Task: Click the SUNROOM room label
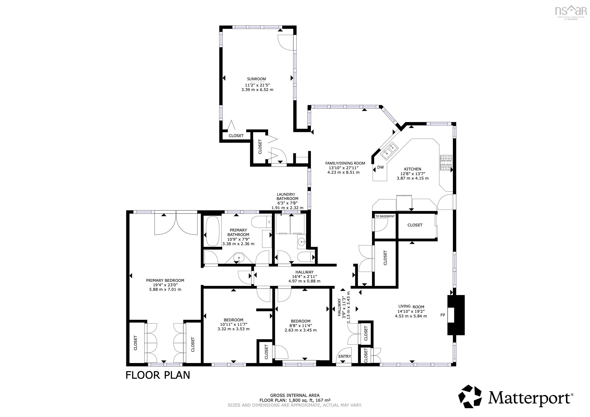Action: tap(256, 79)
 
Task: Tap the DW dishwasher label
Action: tap(380, 167)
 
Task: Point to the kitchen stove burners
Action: tap(446, 163)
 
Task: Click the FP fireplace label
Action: tap(442, 315)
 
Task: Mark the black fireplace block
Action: tap(456, 315)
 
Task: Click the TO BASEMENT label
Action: tap(385, 216)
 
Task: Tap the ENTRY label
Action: tap(344, 356)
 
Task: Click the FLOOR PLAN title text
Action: tap(158, 375)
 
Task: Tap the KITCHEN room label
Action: tap(413, 169)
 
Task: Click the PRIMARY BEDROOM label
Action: tap(165, 280)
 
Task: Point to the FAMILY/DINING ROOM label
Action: tap(345, 163)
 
